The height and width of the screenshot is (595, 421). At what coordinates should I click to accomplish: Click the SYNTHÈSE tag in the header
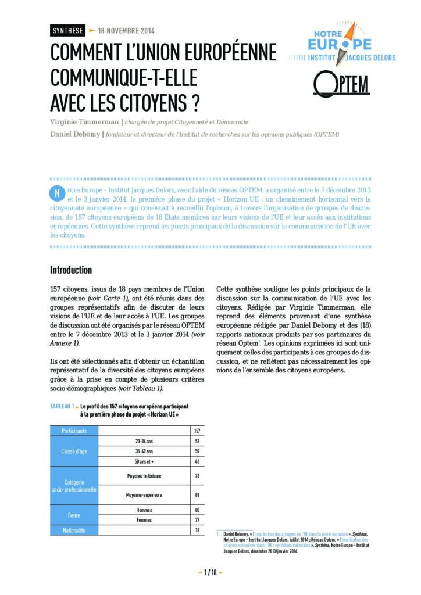coord(67,31)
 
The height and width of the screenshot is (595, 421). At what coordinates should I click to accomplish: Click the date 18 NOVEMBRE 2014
coord(126,31)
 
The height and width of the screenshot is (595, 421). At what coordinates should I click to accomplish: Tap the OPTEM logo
coord(341,85)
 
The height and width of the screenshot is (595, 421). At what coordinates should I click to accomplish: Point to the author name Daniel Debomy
coord(76,134)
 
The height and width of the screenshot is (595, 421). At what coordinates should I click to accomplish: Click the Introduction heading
coord(71,270)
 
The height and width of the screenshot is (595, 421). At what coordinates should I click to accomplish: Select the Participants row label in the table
coord(74,431)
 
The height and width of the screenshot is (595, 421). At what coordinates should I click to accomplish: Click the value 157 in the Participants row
coord(196,431)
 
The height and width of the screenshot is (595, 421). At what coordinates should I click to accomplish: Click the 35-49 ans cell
coord(144,451)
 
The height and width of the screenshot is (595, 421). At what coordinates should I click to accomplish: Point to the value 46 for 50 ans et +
coord(196,461)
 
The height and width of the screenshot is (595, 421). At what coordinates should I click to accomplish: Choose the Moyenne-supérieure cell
coord(144,494)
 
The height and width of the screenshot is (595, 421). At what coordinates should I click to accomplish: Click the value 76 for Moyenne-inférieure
coord(196,476)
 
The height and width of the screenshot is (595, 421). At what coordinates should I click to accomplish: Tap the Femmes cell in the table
coord(144,519)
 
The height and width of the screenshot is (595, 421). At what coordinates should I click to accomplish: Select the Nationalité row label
coord(74,530)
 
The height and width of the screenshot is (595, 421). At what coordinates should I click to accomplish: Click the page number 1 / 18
coord(210,572)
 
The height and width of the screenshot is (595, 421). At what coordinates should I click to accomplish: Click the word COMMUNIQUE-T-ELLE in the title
coord(124,77)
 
